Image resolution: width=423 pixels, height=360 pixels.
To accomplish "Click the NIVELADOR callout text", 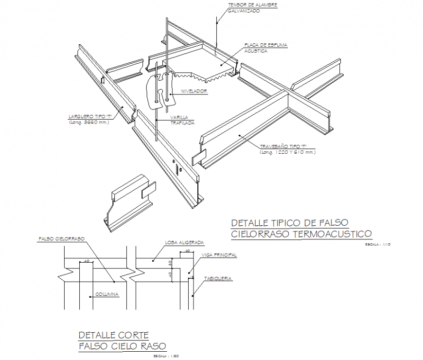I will point(194,91).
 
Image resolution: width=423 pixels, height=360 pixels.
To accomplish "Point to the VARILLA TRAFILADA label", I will point(182,120).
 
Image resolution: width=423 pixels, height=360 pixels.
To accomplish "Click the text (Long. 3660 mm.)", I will point(89,122).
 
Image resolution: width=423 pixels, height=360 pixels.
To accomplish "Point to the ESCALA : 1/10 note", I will point(378,244).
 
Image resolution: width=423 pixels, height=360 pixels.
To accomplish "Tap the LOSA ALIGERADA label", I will point(184,242).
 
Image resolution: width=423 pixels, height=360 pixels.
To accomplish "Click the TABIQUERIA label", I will point(218,279).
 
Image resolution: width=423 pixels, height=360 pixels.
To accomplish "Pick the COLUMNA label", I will point(107,294).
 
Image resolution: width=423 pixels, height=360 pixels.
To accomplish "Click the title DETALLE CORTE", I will point(114,335).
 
